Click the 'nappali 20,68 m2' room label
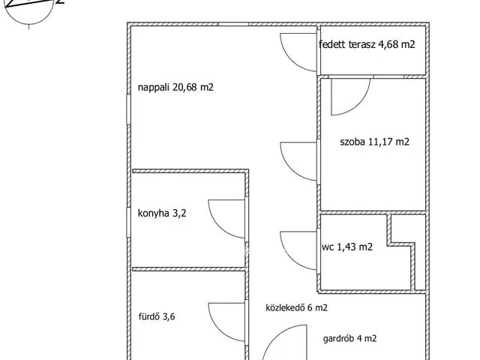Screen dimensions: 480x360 tap(175, 88)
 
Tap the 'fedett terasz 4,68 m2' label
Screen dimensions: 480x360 tap(367, 44)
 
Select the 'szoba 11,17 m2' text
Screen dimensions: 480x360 tap(375, 142)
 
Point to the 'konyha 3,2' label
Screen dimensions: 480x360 tap(162, 213)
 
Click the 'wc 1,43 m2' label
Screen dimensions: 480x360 tap(347, 247)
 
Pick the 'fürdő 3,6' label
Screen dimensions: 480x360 tap(157, 316)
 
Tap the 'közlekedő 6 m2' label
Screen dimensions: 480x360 tap(297, 307)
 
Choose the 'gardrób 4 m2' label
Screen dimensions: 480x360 tap(350, 338)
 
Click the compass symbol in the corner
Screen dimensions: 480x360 tap(30, 8)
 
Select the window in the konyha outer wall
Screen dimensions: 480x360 tap(128, 222)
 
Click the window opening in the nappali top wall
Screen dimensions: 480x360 tap(233, 24)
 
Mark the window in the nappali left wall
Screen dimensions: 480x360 tap(128, 109)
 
